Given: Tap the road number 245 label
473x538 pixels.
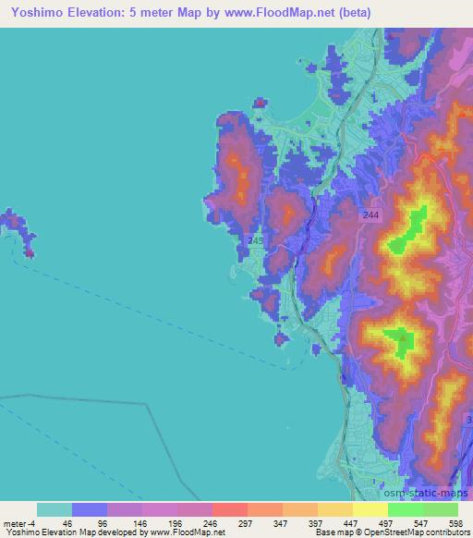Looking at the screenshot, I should point(256,240).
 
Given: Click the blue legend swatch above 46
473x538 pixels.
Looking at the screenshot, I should point(89,508).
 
